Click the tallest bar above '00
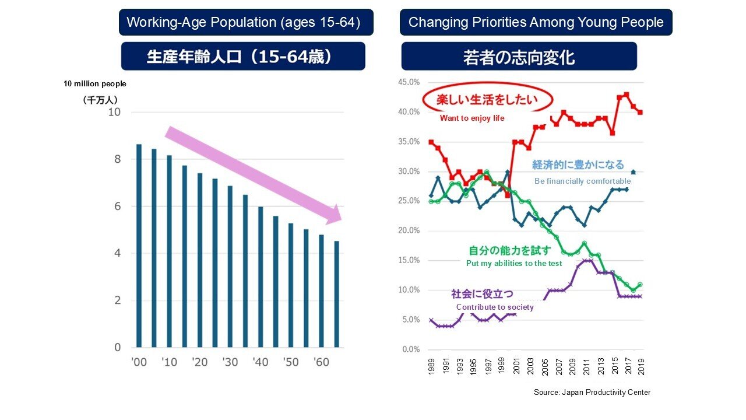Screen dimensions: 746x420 [139, 246]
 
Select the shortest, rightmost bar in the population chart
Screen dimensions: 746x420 [337, 294]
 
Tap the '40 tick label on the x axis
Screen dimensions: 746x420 [261, 362]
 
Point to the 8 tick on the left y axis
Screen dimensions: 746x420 [118, 159]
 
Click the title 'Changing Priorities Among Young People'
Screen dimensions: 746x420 [536, 22]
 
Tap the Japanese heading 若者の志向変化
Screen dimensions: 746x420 [519, 57]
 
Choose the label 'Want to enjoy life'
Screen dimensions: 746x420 [472, 118]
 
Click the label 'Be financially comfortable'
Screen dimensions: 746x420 [582, 181]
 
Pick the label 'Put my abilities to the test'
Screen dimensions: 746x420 [514, 263]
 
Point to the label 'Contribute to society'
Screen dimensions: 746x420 [495, 307]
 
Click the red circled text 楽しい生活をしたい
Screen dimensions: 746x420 [487, 99]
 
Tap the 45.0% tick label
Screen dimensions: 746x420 [409, 82]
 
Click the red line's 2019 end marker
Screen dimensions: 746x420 [640, 113]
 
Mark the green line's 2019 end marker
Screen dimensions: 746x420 [640, 284]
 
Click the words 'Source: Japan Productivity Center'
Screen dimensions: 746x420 [592, 393]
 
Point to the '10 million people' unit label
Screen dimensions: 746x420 [95, 83]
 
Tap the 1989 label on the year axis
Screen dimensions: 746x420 [431, 367]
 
